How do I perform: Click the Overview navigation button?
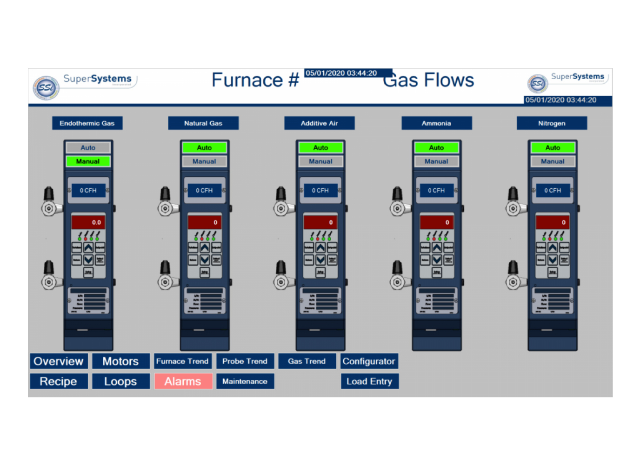pos(59,361)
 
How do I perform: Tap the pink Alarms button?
pos(183,381)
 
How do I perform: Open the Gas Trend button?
pos(307,361)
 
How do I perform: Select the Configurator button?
pos(369,361)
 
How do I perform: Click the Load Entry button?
pos(369,381)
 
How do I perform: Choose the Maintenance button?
pos(245,381)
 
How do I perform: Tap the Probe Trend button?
pos(245,361)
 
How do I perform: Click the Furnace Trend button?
pos(182,361)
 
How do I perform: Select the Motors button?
pos(120,361)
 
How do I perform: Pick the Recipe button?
pos(59,381)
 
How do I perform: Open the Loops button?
pos(120,381)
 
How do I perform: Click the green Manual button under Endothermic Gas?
pos(88,161)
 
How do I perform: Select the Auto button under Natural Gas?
pos(204,147)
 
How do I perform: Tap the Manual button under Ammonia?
pos(436,161)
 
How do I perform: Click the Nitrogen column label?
pos(552,123)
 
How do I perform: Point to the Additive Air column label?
pos(319,123)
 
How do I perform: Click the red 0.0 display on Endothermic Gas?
pos(88,222)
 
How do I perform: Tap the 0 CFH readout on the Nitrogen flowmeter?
pos(553,191)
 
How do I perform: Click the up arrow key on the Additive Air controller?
pos(320,247)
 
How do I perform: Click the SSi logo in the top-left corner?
pos(46,87)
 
